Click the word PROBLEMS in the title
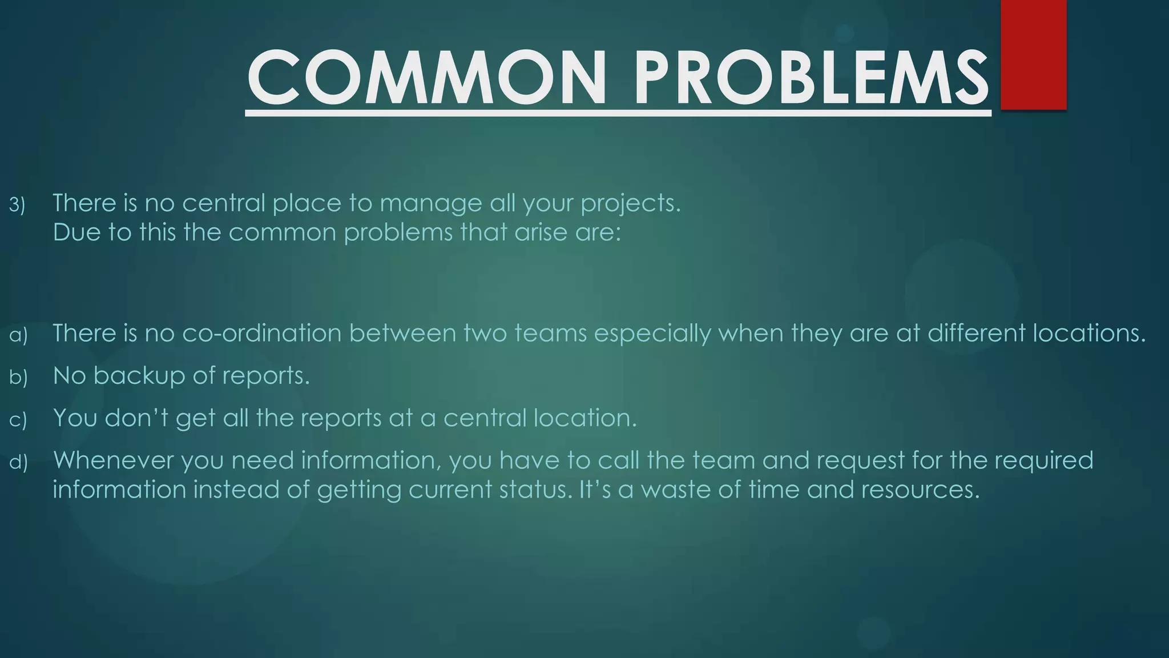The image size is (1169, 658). coord(811,78)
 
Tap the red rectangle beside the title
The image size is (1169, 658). coord(1033,54)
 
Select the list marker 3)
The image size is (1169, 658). coord(17,205)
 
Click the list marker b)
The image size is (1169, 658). coord(18,378)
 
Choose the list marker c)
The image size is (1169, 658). coord(18,420)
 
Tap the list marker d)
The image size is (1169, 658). coord(18,462)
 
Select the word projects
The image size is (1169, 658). coord(630,204)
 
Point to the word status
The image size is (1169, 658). coord(535,490)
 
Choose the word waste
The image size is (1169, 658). coord(676,490)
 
